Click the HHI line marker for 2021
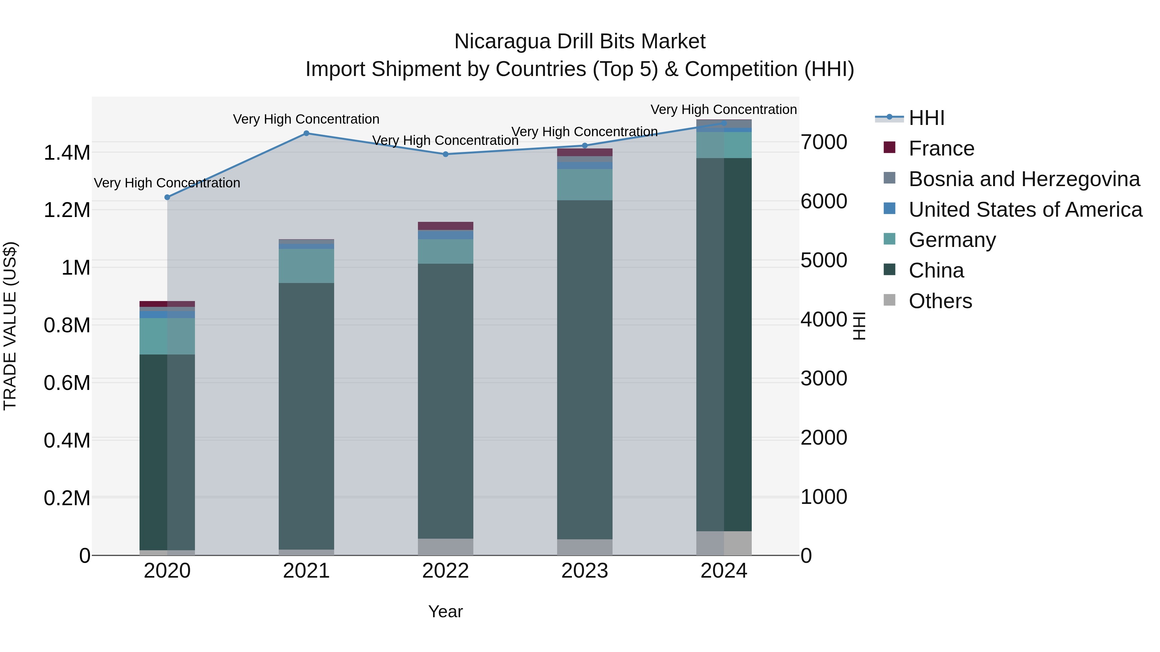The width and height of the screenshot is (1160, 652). click(x=306, y=133)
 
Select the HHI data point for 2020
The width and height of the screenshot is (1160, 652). click(x=167, y=197)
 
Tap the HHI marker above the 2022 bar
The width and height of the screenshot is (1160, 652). click(x=445, y=154)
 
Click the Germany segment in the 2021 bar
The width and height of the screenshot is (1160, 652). click(x=306, y=266)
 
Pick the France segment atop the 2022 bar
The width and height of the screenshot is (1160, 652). click(x=445, y=226)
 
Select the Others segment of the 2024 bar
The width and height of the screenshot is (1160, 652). click(x=724, y=543)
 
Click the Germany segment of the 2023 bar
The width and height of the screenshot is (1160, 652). click(x=585, y=184)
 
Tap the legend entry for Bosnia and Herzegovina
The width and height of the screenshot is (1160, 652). click(x=1024, y=179)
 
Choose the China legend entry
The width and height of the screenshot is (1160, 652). click(x=936, y=270)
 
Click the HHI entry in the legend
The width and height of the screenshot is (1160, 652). click(x=926, y=118)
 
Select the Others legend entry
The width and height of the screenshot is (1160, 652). click(x=940, y=301)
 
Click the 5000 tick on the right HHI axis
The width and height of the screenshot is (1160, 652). click(x=824, y=260)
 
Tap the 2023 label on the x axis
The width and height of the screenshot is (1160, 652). click(x=585, y=571)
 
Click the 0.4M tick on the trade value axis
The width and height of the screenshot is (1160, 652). click(x=67, y=440)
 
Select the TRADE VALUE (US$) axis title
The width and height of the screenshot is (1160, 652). click(x=10, y=326)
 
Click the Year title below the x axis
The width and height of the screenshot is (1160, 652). click(x=445, y=611)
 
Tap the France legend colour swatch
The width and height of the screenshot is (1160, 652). click(x=889, y=147)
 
